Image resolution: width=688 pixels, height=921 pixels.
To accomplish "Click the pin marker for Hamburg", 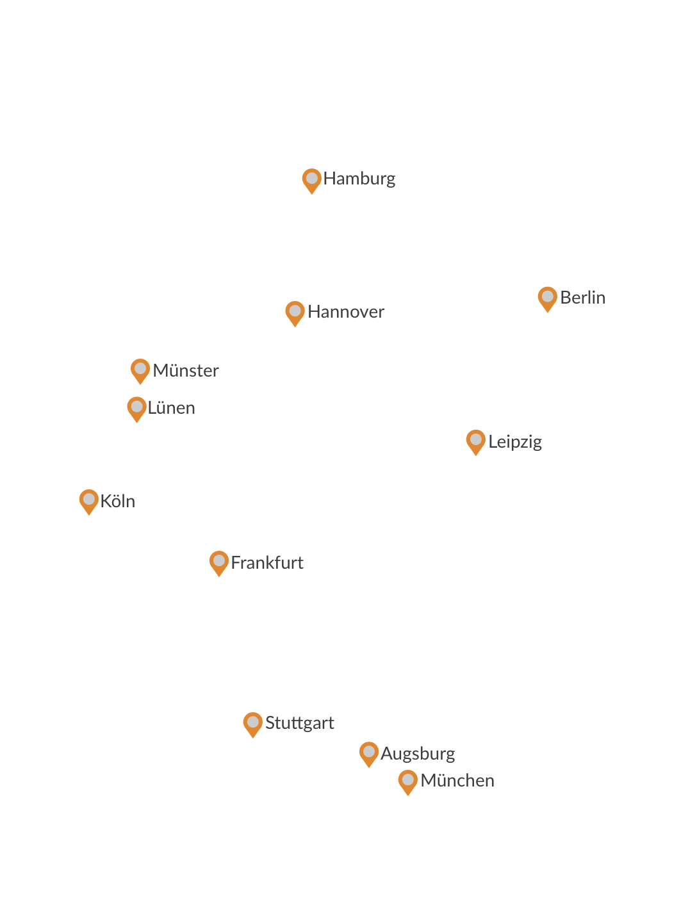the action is coord(311,180).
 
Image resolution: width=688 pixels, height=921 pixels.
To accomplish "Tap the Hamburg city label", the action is coord(359,179).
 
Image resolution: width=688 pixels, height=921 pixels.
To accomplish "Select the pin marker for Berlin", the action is coord(547,298).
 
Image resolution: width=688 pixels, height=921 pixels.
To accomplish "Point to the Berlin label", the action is coord(582,298).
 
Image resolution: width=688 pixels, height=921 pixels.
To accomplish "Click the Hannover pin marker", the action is coord(295,313).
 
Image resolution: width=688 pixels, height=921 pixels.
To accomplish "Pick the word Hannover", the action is coord(346,312).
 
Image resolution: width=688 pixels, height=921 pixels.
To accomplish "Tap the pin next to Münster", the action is coord(140,370).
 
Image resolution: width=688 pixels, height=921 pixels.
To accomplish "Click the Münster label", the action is coord(186,371).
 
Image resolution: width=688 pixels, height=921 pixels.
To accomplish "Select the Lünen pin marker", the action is coord(136,408).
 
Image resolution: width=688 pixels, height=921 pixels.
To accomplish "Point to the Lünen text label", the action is coord(171,408).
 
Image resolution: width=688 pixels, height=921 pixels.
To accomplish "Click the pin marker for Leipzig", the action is coord(475,441).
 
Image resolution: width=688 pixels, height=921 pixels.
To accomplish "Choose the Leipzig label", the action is coord(515,442).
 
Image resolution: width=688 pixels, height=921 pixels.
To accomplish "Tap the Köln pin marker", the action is coord(89,501).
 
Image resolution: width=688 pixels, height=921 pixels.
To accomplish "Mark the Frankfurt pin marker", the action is coord(219,562).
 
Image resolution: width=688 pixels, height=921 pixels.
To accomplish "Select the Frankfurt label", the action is coord(267,563).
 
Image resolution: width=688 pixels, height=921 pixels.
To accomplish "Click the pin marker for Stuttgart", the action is coord(253,724).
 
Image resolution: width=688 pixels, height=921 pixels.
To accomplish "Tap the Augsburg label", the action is coord(418,754).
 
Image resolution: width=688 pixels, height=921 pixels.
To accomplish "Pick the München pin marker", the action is coord(407,781).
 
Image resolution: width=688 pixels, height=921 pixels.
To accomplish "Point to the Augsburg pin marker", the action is coord(369,753).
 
